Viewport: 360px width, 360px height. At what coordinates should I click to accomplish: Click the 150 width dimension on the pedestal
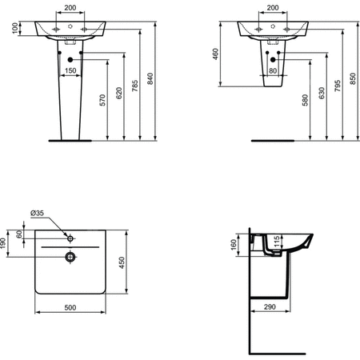(x=70, y=71)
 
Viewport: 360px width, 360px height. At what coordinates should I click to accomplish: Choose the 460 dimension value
(x=216, y=54)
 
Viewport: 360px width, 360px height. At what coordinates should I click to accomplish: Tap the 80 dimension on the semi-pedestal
(x=274, y=71)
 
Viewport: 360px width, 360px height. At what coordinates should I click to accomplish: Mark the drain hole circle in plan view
(x=70, y=257)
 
